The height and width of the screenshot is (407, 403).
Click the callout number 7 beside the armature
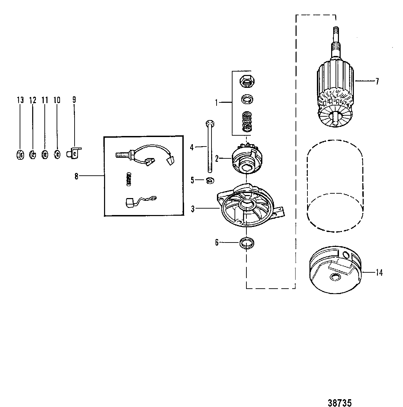(377, 81)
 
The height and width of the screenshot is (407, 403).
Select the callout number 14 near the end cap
(379, 273)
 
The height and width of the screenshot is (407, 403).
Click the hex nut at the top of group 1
(247, 81)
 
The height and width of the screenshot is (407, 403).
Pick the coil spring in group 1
(247, 122)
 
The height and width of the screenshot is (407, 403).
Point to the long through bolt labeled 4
(209, 147)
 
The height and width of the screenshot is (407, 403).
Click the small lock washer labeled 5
(210, 180)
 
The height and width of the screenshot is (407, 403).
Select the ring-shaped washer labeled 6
(247, 243)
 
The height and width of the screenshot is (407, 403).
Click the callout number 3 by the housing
(193, 209)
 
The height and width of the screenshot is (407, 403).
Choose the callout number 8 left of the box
(76, 176)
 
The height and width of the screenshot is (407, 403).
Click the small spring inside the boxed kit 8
(128, 179)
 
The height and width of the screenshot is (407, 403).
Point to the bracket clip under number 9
(74, 153)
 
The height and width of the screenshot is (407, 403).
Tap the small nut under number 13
(20, 155)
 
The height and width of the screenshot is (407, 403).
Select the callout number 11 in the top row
(45, 100)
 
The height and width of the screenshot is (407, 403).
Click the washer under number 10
(57, 155)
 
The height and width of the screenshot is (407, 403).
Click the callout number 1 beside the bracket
(216, 103)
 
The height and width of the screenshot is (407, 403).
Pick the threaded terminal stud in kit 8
(123, 155)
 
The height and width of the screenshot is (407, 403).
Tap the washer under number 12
(33, 155)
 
